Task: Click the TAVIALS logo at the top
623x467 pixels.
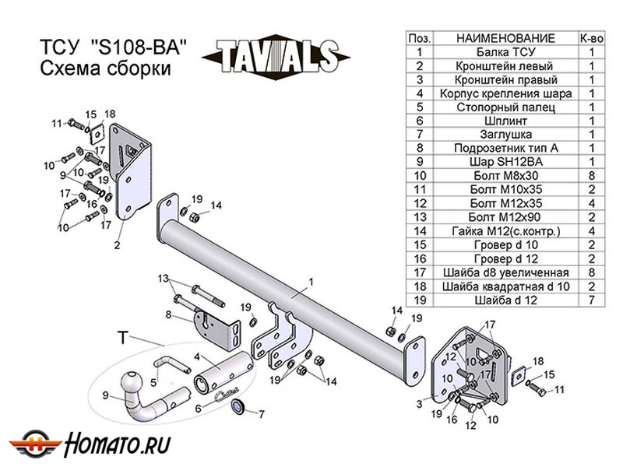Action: (276, 57)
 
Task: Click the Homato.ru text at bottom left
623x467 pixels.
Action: (118, 444)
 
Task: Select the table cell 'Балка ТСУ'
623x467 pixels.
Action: (505, 52)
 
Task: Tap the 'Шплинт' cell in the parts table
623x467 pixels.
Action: (505, 121)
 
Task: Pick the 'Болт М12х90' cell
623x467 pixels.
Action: (505, 217)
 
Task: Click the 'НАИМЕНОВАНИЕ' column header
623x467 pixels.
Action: (505, 38)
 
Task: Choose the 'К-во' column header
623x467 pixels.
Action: (591, 38)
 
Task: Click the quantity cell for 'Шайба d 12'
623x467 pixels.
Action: (591, 300)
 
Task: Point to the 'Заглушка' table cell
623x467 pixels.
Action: (505, 135)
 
